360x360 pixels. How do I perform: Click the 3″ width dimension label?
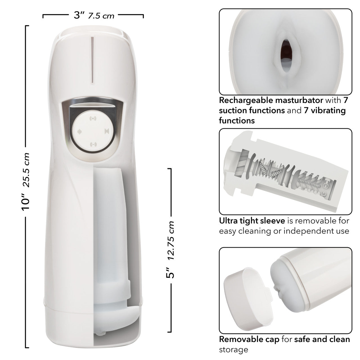79,15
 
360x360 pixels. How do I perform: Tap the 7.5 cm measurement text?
101,16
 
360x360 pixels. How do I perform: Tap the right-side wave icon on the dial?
106,131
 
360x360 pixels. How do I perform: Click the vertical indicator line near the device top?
92,60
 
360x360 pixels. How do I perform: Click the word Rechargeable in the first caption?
243,100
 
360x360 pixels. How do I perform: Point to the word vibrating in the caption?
328,110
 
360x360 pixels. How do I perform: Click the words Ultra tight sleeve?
252,221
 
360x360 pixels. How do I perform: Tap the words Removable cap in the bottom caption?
249,339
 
